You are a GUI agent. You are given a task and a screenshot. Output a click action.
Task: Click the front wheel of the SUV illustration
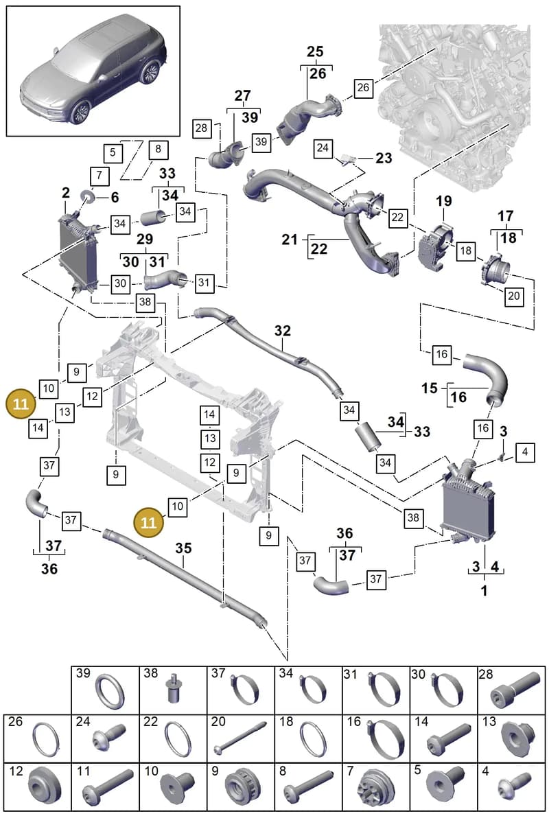pos(80,111)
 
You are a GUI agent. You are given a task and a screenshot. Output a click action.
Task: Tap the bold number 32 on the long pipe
pos(283,331)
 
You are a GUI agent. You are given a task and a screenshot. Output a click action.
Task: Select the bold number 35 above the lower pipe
pos(183,548)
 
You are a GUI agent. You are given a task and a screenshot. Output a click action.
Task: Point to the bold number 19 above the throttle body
pos(444,201)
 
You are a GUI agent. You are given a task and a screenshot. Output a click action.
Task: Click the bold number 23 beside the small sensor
pos(384,158)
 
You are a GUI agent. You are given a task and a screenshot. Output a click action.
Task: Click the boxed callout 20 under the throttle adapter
pos(514,296)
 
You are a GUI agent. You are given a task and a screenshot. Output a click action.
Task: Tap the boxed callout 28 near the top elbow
pos(201,128)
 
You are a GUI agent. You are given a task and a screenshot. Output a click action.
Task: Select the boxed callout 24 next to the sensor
pos(323,148)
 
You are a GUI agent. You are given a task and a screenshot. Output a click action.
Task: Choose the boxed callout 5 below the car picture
pos(113,152)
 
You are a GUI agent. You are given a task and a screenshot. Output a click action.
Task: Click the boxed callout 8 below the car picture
pos(158,149)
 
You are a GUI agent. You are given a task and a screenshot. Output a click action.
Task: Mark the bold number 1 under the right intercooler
pos(484,591)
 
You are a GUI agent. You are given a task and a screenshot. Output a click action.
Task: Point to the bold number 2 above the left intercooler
pos(65,192)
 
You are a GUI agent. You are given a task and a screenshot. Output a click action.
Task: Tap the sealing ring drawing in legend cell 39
pos(110,691)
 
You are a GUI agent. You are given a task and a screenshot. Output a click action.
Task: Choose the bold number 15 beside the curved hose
pos(429,388)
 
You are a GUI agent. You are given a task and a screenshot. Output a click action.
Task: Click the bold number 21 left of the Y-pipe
pos(290,240)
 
